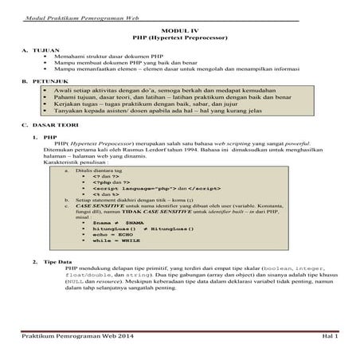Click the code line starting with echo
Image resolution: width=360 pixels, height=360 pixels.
(x=111, y=237)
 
